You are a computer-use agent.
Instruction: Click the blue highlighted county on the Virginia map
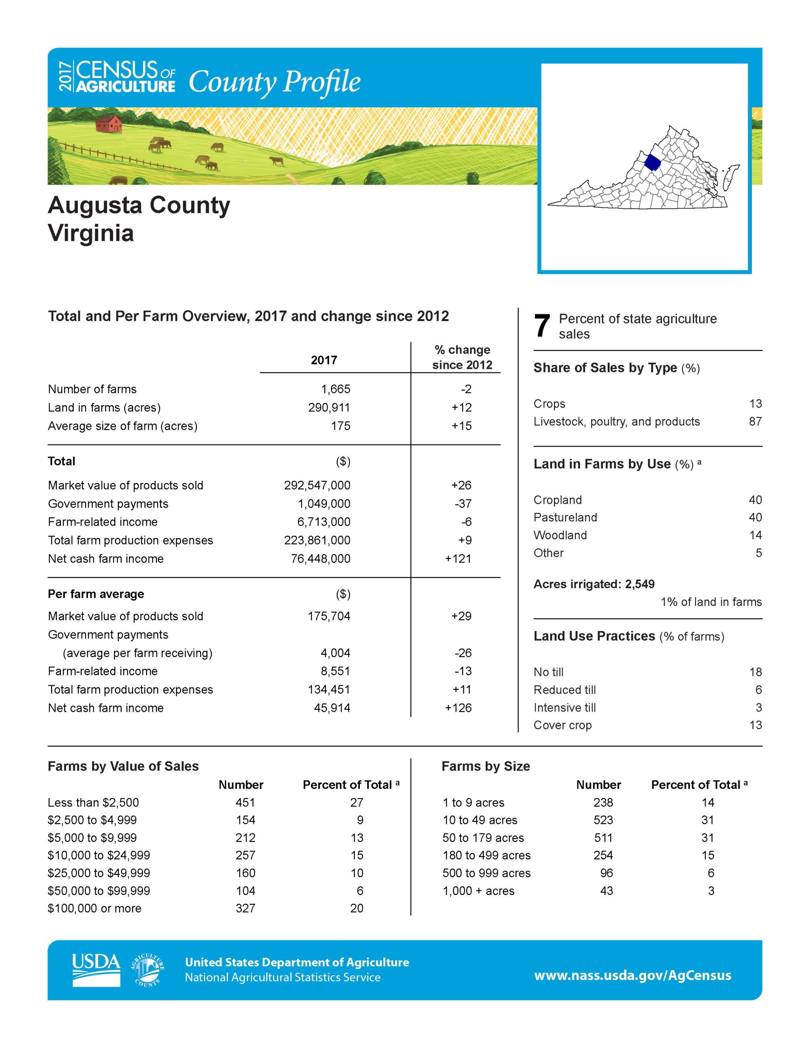coord(652,162)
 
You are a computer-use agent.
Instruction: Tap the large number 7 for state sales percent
coord(542,326)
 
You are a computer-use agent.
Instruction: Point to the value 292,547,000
coord(317,485)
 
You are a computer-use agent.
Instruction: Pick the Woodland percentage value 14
coord(755,535)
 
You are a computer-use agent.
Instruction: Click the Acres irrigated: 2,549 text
coord(594,584)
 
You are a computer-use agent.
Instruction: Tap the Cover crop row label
coord(562,725)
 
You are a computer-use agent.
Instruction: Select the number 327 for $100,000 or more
coord(245,908)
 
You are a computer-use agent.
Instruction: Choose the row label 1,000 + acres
coord(478,891)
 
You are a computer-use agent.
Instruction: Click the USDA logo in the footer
coord(96,970)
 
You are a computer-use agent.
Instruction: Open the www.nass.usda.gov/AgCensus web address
coord(632,976)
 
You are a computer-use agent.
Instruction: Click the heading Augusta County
coord(139,206)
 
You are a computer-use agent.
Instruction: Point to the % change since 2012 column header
coord(462,357)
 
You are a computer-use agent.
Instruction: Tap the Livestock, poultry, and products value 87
coord(755,421)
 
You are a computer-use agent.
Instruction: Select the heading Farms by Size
coord(485,766)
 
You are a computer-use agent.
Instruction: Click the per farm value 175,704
coord(328,616)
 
